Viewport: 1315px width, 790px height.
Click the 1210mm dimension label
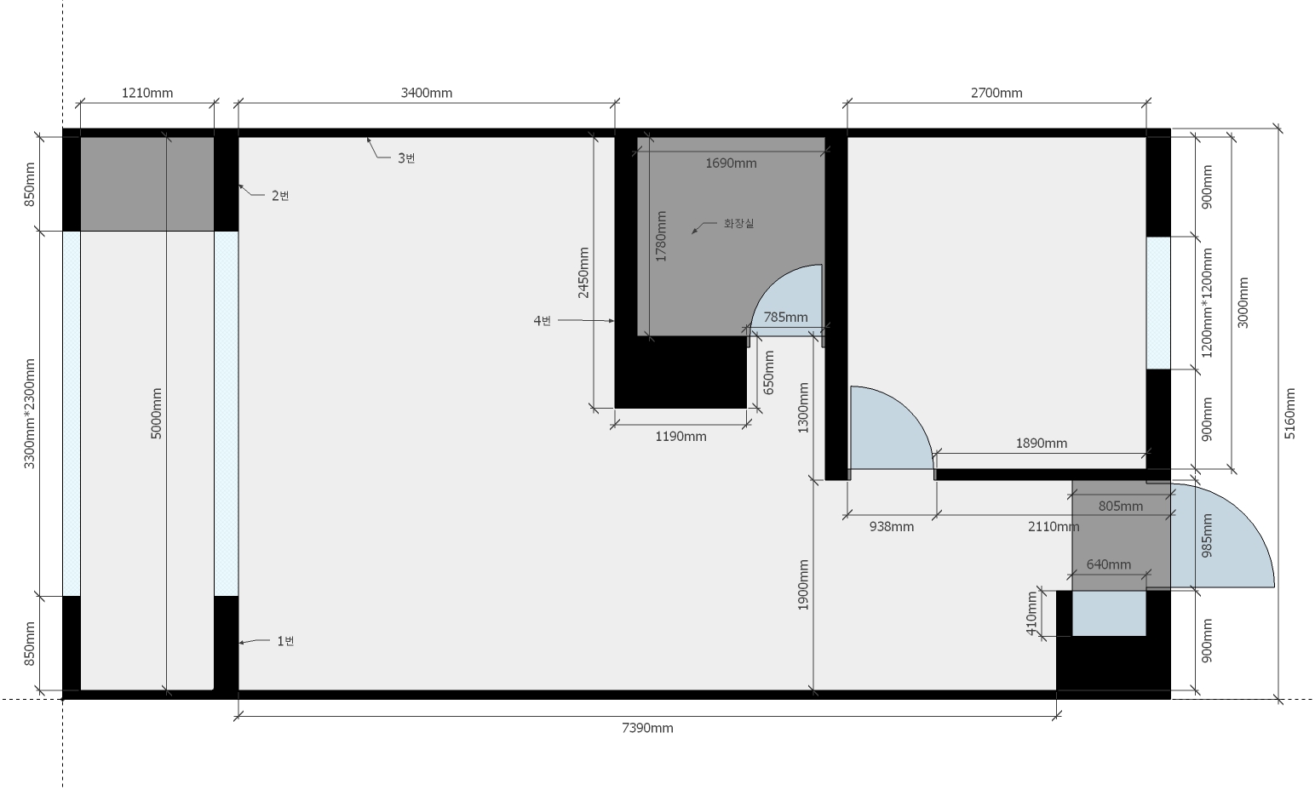coord(146,93)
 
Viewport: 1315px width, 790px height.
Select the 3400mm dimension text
coord(426,93)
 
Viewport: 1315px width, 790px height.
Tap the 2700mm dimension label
coord(996,93)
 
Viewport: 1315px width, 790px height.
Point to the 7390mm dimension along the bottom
coord(647,728)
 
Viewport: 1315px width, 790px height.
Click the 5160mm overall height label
coord(1289,413)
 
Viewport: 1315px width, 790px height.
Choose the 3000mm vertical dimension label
coord(1243,303)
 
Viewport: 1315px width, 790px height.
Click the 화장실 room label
coord(738,223)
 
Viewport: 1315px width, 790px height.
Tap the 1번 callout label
coord(285,641)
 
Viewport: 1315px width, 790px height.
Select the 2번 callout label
coord(280,196)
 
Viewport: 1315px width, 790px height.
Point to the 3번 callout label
coord(406,157)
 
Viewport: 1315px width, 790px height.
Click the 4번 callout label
coord(542,320)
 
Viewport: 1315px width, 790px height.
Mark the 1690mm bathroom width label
coord(731,163)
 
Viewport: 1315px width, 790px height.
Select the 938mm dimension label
coord(891,526)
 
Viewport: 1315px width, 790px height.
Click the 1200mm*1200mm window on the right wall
coord(1157,303)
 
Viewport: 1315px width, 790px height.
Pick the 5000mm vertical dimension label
coord(156,413)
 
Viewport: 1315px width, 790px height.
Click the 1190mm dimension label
coord(680,436)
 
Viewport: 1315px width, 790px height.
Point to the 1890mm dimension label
coord(1041,444)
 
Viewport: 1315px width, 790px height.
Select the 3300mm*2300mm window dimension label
coord(29,413)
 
